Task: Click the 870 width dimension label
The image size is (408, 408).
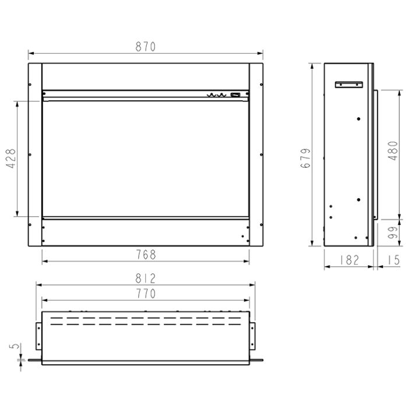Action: click(x=146, y=47)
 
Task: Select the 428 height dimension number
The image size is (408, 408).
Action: click(x=12, y=159)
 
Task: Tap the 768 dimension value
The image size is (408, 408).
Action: click(x=146, y=255)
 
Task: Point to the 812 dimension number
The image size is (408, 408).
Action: click(x=146, y=278)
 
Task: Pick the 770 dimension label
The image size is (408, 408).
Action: click(x=146, y=294)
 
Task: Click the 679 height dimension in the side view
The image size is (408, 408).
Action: click(x=305, y=158)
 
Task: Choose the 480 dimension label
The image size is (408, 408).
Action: click(x=393, y=150)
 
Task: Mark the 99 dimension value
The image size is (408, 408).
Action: click(x=393, y=233)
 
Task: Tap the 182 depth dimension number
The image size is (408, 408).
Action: click(x=349, y=260)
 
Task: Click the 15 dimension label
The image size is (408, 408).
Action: click(x=393, y=260)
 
